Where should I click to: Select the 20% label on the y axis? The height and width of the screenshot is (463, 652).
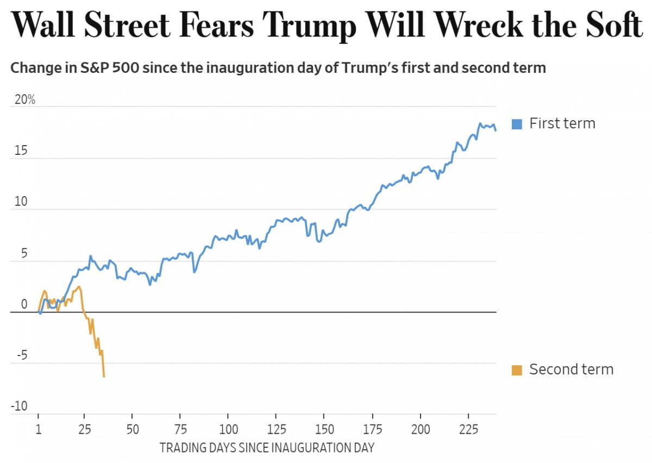(x=24, y=100)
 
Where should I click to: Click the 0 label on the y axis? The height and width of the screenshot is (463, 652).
(x=23, y=305)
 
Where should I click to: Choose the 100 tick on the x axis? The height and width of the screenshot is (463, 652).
(x=228, y=428)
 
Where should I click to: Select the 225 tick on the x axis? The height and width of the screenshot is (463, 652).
(x=468, y=428)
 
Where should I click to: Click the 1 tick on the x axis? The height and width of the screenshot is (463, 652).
(x=39, y=428)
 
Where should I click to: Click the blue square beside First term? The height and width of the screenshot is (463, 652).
(x=517, y=124)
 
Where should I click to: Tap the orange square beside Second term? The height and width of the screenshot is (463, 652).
(x=517, y=370)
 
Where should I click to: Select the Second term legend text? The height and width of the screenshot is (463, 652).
(x=571, y=370)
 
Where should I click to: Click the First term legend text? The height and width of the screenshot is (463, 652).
(x=562, y=123)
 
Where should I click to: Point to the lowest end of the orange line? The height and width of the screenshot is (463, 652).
(x=104, y=376)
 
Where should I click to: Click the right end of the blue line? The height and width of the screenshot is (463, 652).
(x=495, y=130)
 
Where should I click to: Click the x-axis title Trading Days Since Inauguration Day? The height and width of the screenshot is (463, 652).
(x=267, y=448)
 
